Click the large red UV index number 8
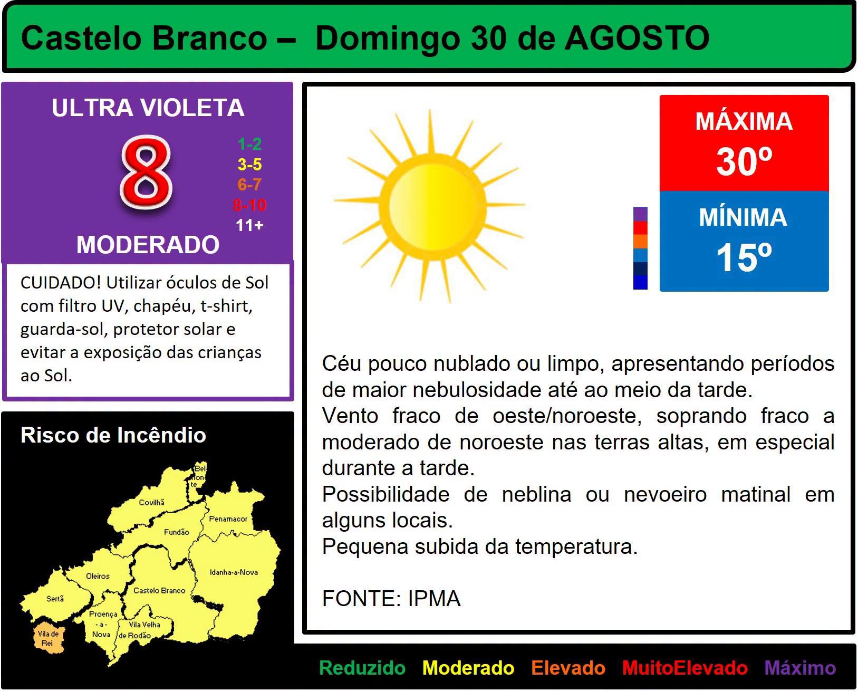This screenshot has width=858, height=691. [146, 172]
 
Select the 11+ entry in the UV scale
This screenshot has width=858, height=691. [249, 225]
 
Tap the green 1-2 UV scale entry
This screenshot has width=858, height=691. [249, 143]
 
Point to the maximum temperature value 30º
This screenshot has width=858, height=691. [744, 161]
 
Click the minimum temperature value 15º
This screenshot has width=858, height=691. [744, 257]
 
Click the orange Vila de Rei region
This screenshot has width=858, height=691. [48, 638]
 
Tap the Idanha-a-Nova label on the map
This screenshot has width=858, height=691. [234, 572]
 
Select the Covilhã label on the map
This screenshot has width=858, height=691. [151, 502]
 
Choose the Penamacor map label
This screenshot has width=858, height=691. [228, 519]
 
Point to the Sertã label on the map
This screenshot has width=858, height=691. [55, 599]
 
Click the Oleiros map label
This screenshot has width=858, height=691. [98, 575]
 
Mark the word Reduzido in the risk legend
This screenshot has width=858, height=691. [362, 668]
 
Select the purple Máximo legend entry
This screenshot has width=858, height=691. [800, 667]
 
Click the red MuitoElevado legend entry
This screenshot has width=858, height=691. [685, 668]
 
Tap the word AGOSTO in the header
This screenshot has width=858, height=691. [637, 39]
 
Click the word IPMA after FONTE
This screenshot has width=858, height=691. [434, 599]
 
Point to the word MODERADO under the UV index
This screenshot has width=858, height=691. [148, 244]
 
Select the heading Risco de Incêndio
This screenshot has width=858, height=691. [113, 435]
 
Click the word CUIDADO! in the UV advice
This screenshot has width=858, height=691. [61, 282]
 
